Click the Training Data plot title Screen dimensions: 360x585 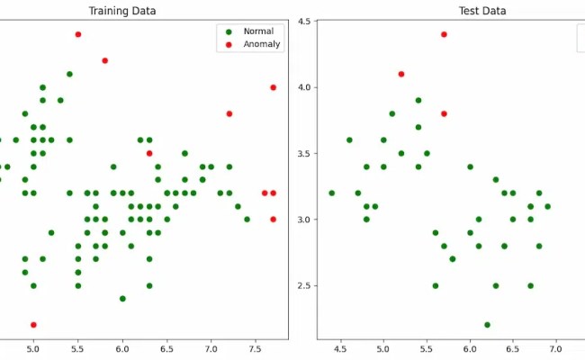point(121,11)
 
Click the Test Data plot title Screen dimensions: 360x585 point(482,11)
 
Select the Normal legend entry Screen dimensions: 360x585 point(258,31)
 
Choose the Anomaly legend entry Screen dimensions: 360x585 point(262,44)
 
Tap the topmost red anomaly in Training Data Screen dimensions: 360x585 point(78,34)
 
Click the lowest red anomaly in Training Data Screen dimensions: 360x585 point(33,325)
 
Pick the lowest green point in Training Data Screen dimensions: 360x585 point(122,299)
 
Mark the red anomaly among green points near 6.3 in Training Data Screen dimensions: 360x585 point(149,153)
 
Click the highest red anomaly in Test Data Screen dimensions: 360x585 point(444,34)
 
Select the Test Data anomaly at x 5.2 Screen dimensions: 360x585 point(401,74)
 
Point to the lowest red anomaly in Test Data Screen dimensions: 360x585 point(444,113)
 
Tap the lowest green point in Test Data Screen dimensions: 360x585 point(487,325)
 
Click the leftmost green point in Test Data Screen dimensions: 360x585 point(332,193)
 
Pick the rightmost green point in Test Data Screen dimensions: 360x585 point(547,206)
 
